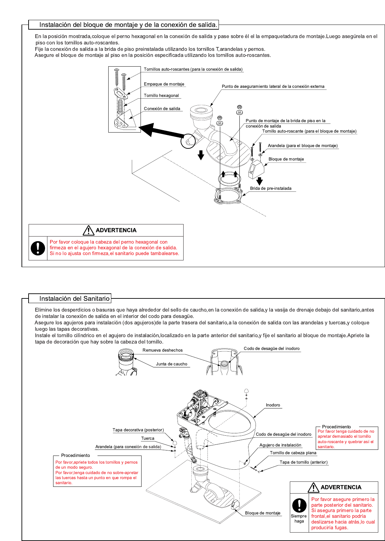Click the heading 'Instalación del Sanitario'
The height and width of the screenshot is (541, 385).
pos(74,298)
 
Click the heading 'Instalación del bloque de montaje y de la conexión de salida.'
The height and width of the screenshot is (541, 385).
pos(128,25)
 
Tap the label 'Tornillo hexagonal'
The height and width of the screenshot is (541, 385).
pos(161,96)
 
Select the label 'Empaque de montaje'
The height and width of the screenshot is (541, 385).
pos(164,84)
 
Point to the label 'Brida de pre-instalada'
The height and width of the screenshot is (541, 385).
pos(271,188)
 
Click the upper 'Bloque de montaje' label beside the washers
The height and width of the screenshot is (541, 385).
pos(286,159)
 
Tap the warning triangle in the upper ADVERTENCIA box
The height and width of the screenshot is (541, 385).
pos(88,230)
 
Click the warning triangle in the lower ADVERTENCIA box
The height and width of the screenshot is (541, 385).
pos(313,488)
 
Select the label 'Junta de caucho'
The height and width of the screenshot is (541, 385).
pos(171,364)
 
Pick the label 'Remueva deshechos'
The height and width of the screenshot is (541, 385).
pos(162,350)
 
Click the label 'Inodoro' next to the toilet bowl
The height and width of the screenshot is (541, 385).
pos(273,405)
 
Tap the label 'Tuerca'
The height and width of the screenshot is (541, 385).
pos(148,438)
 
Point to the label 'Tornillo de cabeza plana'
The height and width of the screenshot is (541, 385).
pos(293,453)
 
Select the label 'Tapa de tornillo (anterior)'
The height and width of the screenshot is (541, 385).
pos(303,462)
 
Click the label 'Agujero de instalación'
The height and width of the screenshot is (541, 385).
pos(280,445)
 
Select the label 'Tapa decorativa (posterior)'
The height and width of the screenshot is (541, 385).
pos(138,430)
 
